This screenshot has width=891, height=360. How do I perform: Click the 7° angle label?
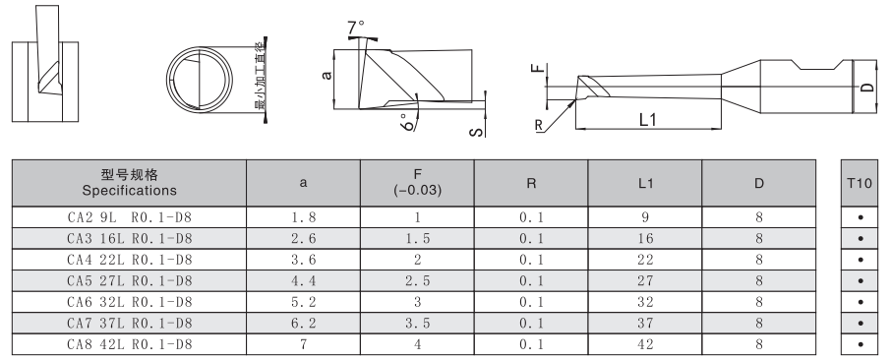(356, 28)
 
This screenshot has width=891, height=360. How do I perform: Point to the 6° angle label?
(407, 122)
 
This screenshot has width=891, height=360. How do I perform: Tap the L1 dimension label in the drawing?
(648, 119)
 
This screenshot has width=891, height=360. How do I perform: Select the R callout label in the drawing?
(538, 125)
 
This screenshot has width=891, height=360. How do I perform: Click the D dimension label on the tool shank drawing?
(866, 87)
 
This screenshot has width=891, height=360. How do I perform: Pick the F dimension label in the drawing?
(538, 69)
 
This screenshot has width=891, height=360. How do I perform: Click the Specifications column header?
(129, 191)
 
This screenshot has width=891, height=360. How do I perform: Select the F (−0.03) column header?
(417, 183)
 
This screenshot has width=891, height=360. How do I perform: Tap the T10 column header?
(860, 183)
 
